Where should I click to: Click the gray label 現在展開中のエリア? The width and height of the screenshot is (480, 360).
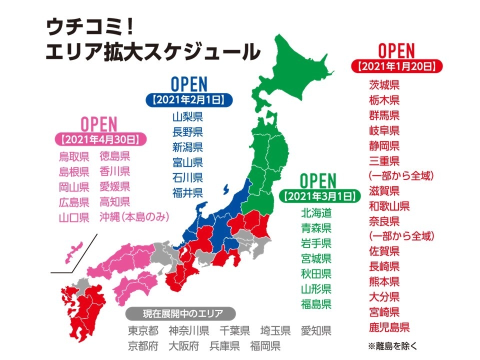pos(180,314)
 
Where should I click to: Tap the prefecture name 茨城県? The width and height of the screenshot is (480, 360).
pos(384,84)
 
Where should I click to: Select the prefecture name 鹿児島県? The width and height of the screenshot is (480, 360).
pos(389,328)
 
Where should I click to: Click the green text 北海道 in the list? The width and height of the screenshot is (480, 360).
pos(316,212)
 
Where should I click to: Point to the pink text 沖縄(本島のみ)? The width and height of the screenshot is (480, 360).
pos(134,217)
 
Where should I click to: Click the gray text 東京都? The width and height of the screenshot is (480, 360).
pos(143,331)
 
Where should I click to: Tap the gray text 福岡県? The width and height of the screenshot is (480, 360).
pos(265,346)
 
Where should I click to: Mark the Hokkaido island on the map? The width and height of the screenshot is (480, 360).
pos(300,70)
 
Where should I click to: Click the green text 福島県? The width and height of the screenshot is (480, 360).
pos(316,303)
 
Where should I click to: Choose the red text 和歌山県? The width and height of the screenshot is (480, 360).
pos(389,205)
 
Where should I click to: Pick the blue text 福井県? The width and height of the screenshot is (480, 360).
pos(187,193)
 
